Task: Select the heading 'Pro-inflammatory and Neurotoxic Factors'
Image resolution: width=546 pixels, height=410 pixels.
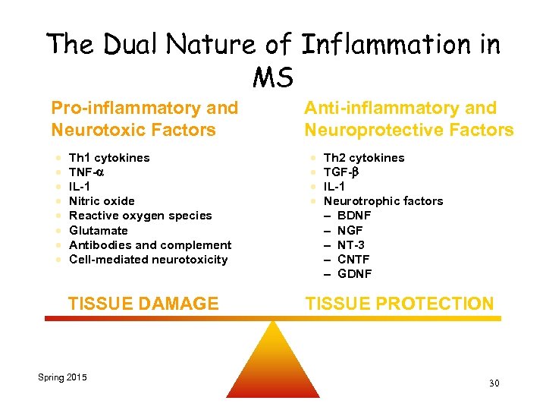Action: click(x=144, y=119)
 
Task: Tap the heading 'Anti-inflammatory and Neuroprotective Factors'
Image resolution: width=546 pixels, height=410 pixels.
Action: click(x=409, y=119)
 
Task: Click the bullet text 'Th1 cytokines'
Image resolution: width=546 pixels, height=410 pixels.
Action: click(x=109, y=158)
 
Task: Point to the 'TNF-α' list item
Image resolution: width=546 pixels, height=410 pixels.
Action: click(x=87, y=172)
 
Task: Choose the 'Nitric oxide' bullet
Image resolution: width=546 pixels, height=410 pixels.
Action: click(x=102, y=201)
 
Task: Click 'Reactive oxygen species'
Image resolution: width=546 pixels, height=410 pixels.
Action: click(x=140, y=216)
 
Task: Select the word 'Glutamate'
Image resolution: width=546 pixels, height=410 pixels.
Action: click(x=99, y=230)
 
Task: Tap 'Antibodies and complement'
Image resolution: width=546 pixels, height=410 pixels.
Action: click(x=150, y=244)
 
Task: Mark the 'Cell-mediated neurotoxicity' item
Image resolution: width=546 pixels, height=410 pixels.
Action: click(x=148, y=260)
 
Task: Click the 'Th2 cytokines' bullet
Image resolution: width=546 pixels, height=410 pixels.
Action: click(x=364, y=158)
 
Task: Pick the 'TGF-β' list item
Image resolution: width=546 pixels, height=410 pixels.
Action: click(x=340, y=172)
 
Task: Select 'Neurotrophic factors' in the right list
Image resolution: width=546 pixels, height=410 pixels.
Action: click(x=383, y=201)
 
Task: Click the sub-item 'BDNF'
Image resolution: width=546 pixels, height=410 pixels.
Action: click(x=354, y=216)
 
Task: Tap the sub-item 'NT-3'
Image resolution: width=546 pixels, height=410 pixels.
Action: click(x=352, y=244)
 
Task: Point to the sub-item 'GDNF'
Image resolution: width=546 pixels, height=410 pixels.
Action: click(x=354, y=274)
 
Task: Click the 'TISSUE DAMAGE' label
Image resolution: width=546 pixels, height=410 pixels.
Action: click(x=143, y=304)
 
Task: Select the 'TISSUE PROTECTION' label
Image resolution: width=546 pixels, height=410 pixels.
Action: click(x=400, y=304)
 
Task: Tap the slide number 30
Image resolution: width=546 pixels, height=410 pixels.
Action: click(x=494, y=383)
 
